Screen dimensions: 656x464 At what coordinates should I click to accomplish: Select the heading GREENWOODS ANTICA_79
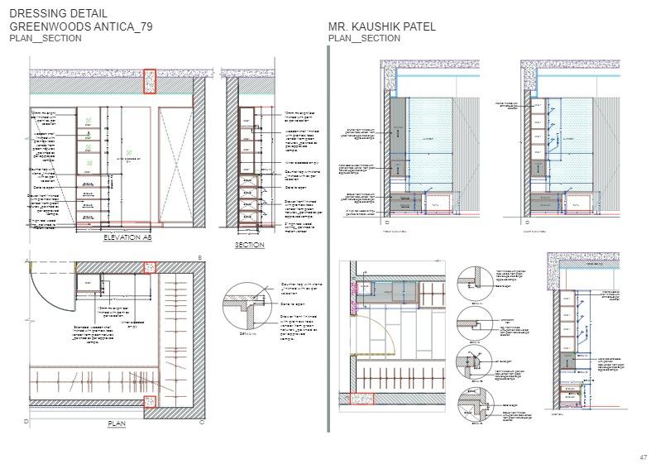pyautogui.click(x=81, y=27)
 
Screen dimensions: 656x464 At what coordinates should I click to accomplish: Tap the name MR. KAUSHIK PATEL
pyautogui.click(x=382, y=27)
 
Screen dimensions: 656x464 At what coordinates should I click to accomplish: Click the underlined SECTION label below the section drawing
pyautogui.click(x=249, y=246)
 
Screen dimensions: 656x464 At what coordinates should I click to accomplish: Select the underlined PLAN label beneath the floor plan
pyautogui.click(x=116, y=423)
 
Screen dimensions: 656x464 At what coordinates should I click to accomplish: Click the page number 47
pyautogui.click(x=643, y=457)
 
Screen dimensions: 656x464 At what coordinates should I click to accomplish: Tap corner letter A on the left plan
pyautogui.click(x=26, y=260)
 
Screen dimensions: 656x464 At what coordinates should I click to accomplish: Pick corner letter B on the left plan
pyautogui.click(x=200, y=259)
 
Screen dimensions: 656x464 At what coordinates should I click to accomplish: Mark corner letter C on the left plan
pyautogui.click(x=201, y=422)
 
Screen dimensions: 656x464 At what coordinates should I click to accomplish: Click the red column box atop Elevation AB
pyautogui.click(x=150, y=82)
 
